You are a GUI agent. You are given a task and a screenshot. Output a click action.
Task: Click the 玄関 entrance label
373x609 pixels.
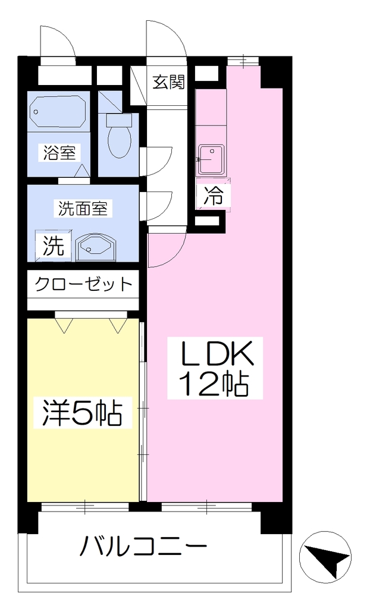168,82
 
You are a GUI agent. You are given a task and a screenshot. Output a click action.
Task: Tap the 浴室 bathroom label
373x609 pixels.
59,152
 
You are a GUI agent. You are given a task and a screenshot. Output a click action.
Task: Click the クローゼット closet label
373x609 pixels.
83,284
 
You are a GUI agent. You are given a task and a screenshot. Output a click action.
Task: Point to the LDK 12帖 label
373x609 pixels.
215,368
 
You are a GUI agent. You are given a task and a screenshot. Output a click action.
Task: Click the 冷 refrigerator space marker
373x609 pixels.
214,195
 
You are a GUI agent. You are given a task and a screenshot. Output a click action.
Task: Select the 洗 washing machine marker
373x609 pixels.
53,246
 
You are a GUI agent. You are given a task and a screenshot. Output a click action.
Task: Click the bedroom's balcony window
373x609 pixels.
85,507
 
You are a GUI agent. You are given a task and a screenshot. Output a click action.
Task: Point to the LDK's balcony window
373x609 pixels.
206,507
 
